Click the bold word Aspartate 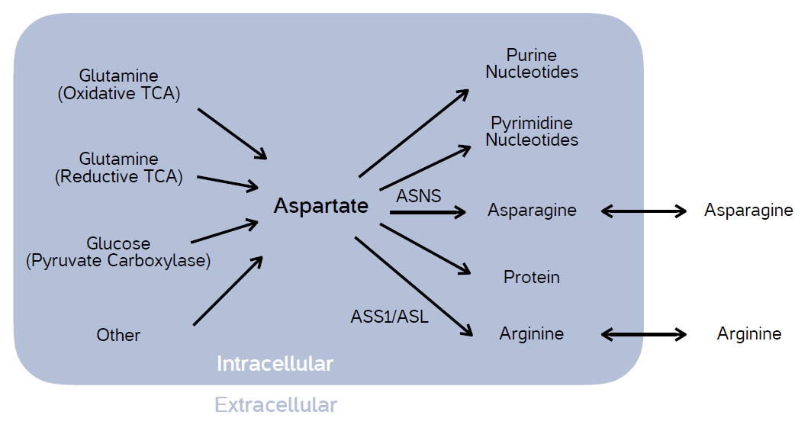coord(320,206)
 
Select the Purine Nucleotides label coord(532,64)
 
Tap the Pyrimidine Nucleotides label coord(532,131)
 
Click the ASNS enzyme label coord(419,196)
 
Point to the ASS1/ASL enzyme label coord(390,316)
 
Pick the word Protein coord(532,277)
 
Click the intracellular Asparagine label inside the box coord(532,210)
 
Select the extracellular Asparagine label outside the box coord(748,210)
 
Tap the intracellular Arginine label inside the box coord(532,333)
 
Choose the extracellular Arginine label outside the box coord(749,333)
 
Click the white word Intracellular coord(275,364)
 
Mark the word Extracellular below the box coord(275,404)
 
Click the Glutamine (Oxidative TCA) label coord(118,85)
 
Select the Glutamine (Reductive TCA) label coord(118,168)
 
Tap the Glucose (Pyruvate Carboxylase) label coord(118,252)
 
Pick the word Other coord(118,335)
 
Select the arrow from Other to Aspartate coord(228,291)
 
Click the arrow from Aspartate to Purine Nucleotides coord(414,133)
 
